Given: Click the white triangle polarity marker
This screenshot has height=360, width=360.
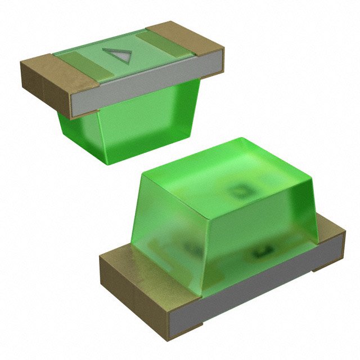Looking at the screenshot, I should (118, 55).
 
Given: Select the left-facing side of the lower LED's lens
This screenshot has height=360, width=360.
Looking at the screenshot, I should (163, 225).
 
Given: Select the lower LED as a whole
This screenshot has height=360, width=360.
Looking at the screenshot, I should (225, 242).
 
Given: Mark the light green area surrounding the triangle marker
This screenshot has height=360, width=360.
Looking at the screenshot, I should (135, 53).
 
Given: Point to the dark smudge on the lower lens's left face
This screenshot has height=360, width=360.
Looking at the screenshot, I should (186, 247).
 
